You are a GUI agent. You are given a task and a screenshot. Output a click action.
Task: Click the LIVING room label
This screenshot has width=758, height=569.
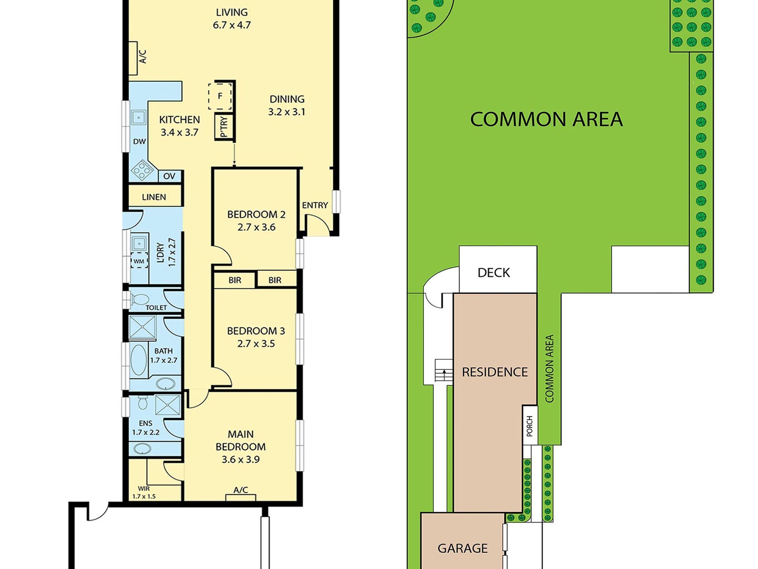pyautogui.click(x=232, y=13)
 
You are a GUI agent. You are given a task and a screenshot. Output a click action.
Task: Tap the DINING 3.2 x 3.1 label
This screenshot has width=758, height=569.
pyautogui.click(x=287, y=105)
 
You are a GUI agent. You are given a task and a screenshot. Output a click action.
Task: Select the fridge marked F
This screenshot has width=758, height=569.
pyautogui.click(x=220, y=96)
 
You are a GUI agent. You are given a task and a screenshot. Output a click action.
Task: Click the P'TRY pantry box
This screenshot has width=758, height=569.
pyautogui.click(x=224, y=126)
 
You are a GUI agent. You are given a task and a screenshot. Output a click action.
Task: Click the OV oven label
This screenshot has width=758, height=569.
pyautogui.click(x=169, y=176)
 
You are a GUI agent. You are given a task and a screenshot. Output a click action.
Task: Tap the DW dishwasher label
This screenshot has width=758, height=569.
pyautogui.click(x=139, y=141)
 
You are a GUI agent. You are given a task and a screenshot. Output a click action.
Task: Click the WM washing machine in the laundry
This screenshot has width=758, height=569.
pyautogui.click(x=139, y=261)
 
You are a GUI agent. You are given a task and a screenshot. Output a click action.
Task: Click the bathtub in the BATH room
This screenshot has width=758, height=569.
pyautogui.click(x=139, y=360)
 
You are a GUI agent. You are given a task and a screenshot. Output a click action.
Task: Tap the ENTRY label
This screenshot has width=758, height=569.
pyautogui.click(x=315, y=205)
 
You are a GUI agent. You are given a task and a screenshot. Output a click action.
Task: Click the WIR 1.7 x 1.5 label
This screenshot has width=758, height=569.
pyautogui.click(x=144, y=492)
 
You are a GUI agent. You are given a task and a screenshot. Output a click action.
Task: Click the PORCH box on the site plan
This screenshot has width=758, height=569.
pyautogui.click(x=530, y=426)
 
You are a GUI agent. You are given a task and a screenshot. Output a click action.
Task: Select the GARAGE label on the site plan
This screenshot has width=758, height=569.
pyautogui.click(x=462, y=548)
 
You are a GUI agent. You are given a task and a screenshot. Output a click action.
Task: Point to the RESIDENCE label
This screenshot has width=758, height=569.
pyautogui.click(x=495, y=372)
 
